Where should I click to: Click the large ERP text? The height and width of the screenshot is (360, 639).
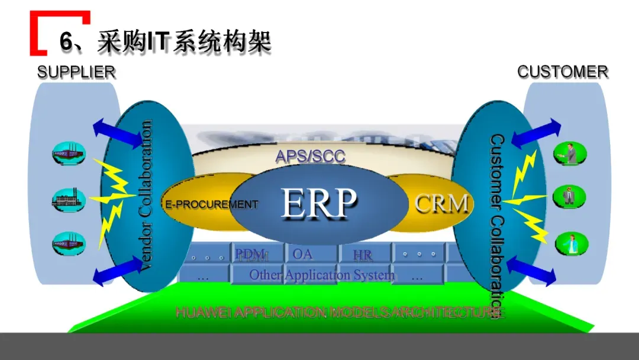pyautogui.click(x=318, y=203)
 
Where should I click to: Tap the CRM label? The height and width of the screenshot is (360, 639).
pyautogui.click(x=441, y=204)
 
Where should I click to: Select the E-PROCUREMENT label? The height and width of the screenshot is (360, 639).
pyautogui.click(x=212, y=205)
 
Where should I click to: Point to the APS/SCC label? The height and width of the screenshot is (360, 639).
pyautogui.click(x=310, y=156)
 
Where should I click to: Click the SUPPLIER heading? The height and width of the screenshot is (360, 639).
pyautogui.click(x=76, y=72)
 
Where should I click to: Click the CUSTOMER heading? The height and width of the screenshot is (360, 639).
pyautogui.click(x=562, y=72)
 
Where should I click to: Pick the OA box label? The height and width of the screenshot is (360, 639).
pyautogui.click(x=302, y=254)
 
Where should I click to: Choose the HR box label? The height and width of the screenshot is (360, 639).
pyautogui.click(x=363, y=255)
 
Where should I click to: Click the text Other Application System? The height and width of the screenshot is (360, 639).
pyautogui.click(x=321, y=275)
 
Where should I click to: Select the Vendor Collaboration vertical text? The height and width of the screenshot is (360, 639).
pyautogui.click(x=144, y=196)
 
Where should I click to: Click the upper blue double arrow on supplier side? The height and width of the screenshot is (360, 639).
pyautogui.click(x=117, y=132)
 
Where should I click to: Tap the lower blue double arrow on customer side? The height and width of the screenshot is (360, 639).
pyautogui.click(x=531, y=270)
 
